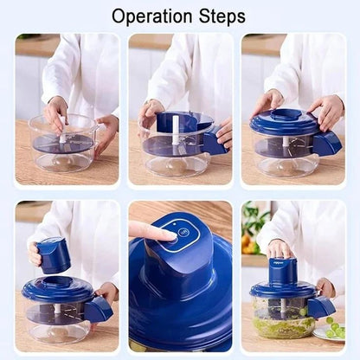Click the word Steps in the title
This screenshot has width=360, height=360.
click(220, 16)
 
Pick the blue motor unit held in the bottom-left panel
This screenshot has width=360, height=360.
click(55, 254)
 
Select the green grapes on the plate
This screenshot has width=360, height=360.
click(334, 330)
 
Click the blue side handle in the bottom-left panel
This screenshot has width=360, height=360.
click(97, 307)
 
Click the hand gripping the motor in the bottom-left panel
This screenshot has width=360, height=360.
click(36, 253)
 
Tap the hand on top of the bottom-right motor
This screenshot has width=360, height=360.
click(280, 249)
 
